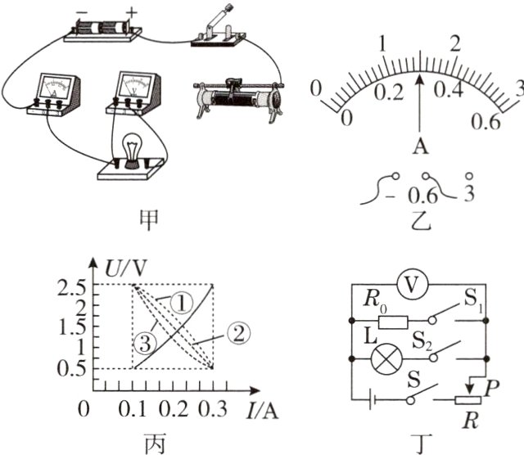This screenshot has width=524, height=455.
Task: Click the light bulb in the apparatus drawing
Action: (x=133, y=151)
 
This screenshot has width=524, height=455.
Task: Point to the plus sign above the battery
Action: (x=132, y=13)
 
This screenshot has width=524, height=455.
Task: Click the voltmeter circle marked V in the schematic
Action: (x=412, y=285)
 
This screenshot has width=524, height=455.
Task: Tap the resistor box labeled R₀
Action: (x=393, y=322)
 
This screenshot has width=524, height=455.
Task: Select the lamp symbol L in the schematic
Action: (x=386, y=358)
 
